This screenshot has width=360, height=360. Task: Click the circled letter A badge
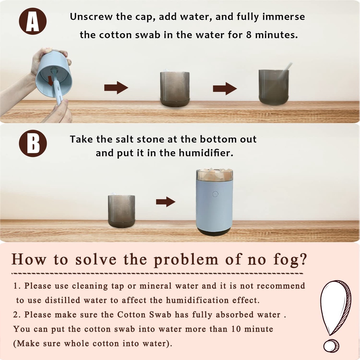click(33, 21)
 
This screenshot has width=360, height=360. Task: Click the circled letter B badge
click(33, 143)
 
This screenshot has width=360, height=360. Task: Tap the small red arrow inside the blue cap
click(50, 81)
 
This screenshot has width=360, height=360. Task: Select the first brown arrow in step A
click(116, 88)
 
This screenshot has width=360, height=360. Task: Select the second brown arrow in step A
click(225, 88)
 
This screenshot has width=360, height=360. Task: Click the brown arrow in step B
click(166, 202)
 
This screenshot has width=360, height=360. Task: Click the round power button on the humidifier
click(215, 194)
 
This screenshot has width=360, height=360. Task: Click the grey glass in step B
click(121, 211)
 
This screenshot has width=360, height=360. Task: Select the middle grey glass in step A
click(175, 89)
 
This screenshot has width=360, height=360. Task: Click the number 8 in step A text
click(249, 35)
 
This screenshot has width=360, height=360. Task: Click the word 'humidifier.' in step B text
click(206, 153)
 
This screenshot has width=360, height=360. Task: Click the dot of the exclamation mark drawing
click(331, 346)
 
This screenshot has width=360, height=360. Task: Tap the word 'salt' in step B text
click(124, 139)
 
